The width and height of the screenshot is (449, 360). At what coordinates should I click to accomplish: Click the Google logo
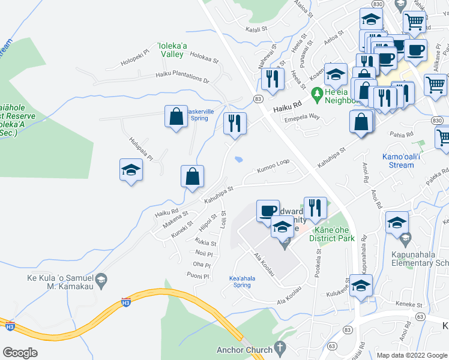[x=20, y=353]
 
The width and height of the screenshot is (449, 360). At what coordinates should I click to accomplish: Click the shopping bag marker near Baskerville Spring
[x=175, y=116]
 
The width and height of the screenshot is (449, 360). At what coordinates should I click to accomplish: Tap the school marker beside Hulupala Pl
[x=130, y=170]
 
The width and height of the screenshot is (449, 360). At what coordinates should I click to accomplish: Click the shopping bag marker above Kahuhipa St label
[x=192, y=176]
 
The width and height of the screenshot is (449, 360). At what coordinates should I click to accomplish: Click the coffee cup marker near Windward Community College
[x=268, y=211]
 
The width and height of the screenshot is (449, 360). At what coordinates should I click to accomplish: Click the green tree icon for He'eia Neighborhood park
[x=317, y=92]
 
